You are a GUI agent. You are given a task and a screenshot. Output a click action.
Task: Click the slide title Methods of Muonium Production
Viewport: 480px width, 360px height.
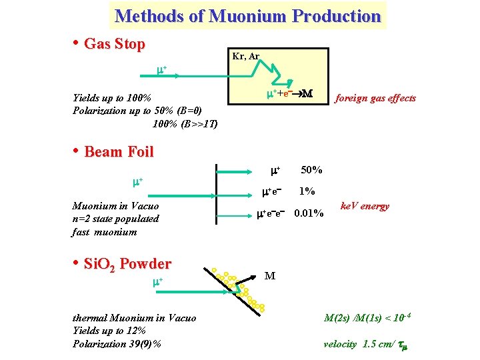[247, 15]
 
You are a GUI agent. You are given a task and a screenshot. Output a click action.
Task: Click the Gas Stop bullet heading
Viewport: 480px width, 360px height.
[114, 45]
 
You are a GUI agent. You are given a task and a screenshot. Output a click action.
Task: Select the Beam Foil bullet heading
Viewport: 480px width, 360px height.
[119, 151]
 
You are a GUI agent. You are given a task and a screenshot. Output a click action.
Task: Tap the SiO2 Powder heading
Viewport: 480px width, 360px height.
[127, 264]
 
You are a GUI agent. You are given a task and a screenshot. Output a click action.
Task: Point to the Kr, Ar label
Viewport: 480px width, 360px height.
[245, 56]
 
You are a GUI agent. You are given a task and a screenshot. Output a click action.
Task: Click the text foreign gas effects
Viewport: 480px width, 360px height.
[375, 98]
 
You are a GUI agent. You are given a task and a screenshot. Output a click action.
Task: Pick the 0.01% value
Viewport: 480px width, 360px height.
[309, 213]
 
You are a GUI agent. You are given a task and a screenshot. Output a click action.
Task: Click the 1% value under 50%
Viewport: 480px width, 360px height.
[307, 191]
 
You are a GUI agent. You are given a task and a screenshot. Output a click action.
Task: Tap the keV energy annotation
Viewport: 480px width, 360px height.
[365, 206]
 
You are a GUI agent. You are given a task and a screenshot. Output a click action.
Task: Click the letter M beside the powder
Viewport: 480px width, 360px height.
[270, 275]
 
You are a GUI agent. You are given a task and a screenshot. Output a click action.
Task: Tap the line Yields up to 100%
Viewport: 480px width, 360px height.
[112, 98]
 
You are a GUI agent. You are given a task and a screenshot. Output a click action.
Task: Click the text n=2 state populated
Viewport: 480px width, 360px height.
[115, 219]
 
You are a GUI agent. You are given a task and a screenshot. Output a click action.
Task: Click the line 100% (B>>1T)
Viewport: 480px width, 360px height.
[185, 123]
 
